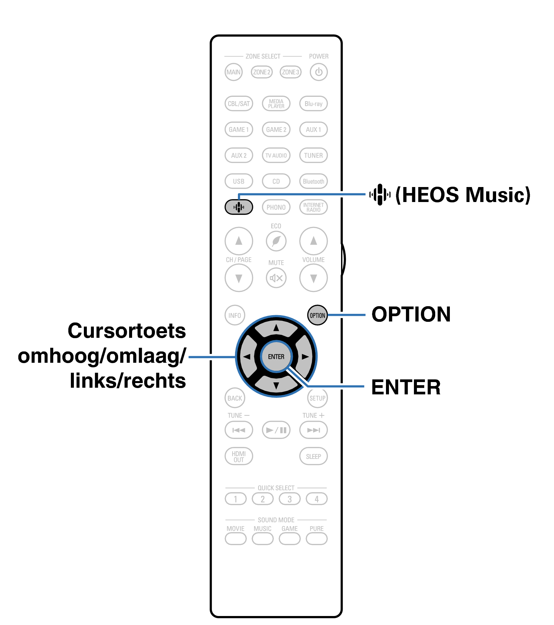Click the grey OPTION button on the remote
click(317, 315)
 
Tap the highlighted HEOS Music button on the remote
click(239, 207)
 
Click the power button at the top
click(318, 72)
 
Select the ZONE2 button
click(262, 72)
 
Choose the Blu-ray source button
click(313, 104)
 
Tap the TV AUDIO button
click(276, 155)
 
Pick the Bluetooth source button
click(313, 181)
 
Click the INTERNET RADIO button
click(313, 207)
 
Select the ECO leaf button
click(276, 241)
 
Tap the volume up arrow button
click(313, 241)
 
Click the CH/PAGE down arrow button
click(239, 278)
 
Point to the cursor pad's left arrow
click(247, 357)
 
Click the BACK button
click(235, 398)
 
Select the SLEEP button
click(313, 456)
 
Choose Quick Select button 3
click(289, 499)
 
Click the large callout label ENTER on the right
click(406, 387)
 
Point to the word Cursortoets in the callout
click(127, 331)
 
